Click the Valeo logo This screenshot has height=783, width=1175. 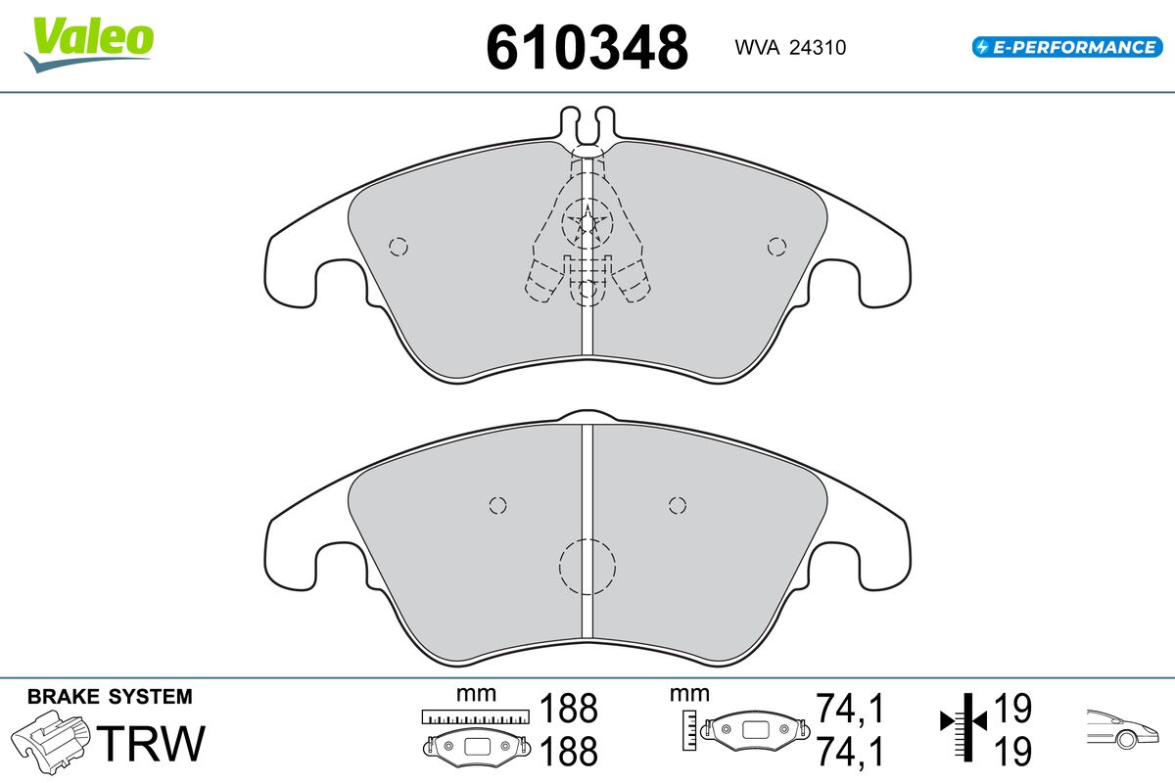coord(89,44)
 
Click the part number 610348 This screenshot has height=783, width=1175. coord(587,47)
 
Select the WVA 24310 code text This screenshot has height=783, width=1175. coord(790,48)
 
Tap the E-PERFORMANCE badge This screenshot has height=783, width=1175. coord(1067,47)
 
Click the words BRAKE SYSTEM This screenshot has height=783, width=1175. coord(110,697)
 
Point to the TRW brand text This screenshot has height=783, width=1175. coord(151,743)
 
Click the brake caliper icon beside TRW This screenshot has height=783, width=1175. coord(50,742)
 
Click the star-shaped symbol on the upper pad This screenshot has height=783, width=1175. coord(587,223)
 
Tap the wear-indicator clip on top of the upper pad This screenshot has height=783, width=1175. coord(587,126)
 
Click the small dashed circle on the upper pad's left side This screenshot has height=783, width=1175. coord(399,247)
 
